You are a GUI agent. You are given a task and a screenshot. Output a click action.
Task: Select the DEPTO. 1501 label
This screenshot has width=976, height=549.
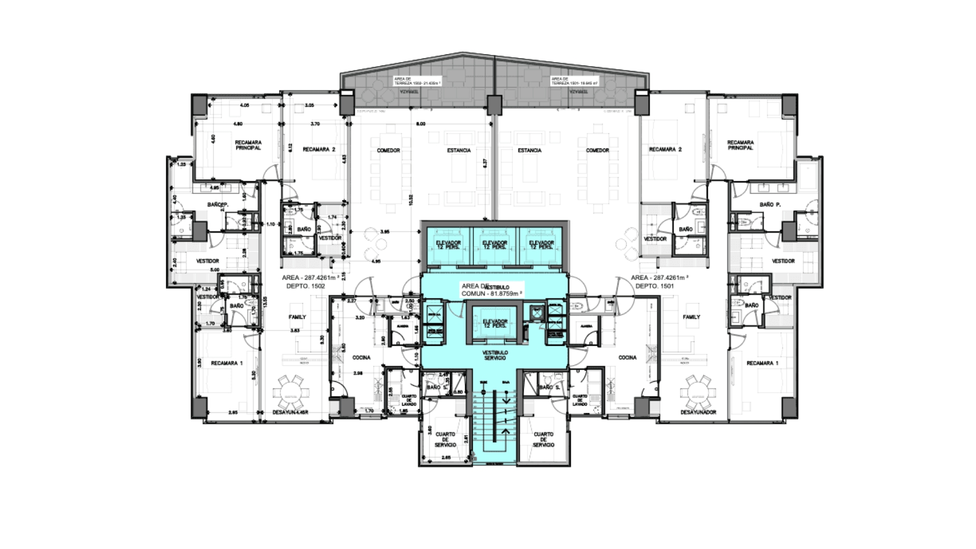point(655,286)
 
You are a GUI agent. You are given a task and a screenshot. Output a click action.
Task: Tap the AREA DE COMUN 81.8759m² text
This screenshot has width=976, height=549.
point(491,290)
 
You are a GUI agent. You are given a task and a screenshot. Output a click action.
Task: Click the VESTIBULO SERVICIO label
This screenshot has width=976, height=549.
point(495,355)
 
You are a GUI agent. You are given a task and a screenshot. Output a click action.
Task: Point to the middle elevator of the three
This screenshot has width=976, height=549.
point(494,246)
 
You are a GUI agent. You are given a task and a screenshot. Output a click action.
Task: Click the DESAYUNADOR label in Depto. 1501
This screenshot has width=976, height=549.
point(698,412)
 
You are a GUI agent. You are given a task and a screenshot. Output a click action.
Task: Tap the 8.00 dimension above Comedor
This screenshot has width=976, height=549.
point(420,124)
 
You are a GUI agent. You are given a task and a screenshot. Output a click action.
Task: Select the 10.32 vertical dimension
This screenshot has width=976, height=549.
point(411,200)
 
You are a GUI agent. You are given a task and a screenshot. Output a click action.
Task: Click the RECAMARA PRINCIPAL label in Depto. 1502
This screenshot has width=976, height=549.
point(248,145)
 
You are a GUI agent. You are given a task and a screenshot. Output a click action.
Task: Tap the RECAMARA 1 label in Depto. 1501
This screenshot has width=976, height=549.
point(762,363)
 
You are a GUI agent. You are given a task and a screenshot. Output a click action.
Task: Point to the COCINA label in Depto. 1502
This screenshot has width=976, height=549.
point(361,358)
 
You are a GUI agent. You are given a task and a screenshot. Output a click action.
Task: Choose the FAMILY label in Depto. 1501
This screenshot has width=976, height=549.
point(691,317)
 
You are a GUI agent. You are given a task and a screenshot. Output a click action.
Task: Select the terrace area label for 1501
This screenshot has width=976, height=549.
point(574,81)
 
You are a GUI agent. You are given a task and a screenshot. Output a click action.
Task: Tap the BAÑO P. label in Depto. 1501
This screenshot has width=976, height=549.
point(770,204)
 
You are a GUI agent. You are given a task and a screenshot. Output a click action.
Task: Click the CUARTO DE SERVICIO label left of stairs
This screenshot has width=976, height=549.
point(445,440)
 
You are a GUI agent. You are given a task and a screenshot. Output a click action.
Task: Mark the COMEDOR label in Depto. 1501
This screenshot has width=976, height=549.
point(597,150)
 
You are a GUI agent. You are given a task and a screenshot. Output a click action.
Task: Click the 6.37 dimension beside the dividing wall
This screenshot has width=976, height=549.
point(485,164)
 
